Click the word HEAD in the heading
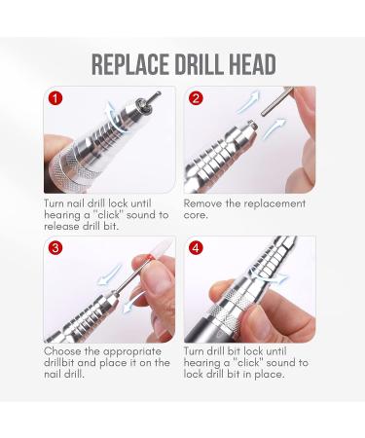tap(253, 64)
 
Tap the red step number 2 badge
tap(197, 99)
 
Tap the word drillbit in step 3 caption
tap(64, 362)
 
